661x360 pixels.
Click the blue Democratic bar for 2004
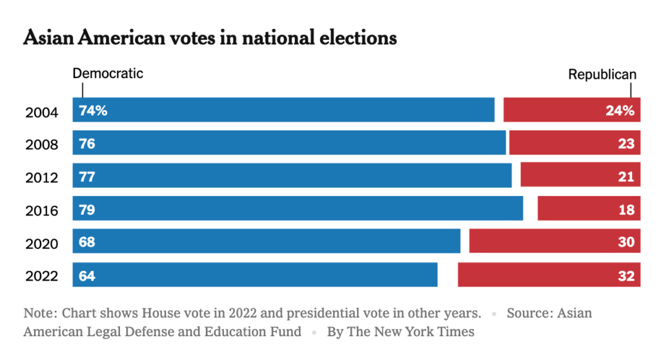coord(284,110)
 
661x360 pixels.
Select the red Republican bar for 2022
coord(549,275)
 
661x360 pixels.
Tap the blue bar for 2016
coord(298,208)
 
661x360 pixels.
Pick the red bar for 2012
coord(580,175)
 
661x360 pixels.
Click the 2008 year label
coord(42,145)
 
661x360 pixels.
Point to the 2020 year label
coord(42,244)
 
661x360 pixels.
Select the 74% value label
coord(93,110)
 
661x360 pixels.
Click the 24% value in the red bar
coord(620,110)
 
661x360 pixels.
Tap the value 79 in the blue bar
coord(87,209)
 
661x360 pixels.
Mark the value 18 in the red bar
coord(626,209)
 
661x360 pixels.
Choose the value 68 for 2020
coord(87,242)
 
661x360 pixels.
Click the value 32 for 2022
coord(626,275)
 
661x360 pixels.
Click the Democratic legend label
coord(108,74)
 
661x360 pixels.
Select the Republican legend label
coord(602,74)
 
